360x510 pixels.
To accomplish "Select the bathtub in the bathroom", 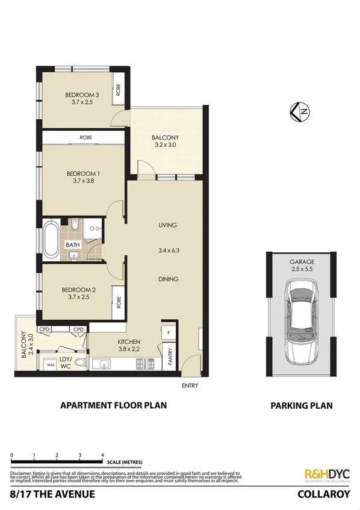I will click(x=51, y=241).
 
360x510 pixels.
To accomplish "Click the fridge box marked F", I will click(x=168, y=332).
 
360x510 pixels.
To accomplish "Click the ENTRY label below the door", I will click(x=190, y=385).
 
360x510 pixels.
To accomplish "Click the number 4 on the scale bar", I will click(x=102, y=455).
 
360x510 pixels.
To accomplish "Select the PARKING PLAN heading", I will click(x=300, y=405).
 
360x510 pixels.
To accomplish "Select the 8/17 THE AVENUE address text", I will click(x=52, y=494).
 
